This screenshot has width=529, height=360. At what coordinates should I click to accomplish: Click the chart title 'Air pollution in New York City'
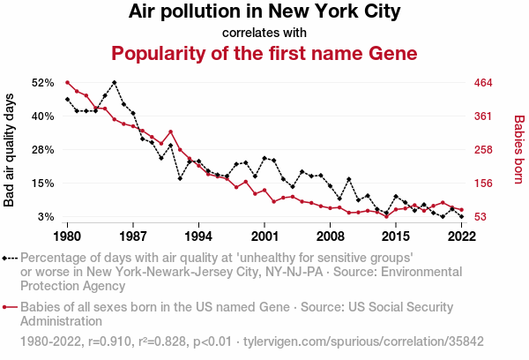click(264, 11)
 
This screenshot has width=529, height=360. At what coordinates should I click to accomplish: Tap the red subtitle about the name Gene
click(264, 53)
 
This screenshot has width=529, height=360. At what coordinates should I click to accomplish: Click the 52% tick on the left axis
click(43, 83)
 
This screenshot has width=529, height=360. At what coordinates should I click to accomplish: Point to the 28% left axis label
click(43, 150)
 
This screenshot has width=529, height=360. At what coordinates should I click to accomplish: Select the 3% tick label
click(46, 216)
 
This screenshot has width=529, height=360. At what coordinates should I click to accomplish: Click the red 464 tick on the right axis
click(483, 83)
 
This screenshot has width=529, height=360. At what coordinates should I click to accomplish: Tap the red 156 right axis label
click(483, 184)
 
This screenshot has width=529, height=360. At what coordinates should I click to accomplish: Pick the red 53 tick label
click(481, 216)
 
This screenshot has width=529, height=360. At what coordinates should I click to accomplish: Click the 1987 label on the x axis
click(133, 236)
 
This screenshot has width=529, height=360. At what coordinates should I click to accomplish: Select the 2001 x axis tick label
click(264, 236)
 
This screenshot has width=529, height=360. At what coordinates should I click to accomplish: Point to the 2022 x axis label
click(461, 236)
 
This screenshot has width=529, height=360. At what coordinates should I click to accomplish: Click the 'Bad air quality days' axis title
click(9, 150)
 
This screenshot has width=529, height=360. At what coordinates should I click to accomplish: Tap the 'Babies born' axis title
click(519, 150)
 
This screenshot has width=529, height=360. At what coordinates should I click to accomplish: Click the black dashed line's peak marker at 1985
click(115, 82)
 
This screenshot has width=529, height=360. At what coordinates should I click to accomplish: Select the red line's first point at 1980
click(68, 82)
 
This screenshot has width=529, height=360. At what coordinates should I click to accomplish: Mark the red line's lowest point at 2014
click(387, 216)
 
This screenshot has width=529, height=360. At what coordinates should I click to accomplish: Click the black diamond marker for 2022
click(461, 216)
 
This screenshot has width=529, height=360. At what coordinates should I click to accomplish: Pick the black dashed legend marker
click(10, 259)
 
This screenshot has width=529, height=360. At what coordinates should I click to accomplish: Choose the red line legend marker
click(10, 307)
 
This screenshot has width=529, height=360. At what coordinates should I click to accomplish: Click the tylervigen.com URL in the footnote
click(363, 341)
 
